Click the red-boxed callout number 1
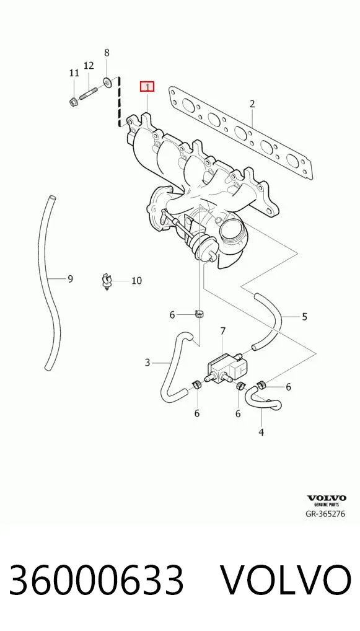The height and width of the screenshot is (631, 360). [147, 87]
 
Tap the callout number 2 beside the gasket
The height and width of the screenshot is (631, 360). [252, 104]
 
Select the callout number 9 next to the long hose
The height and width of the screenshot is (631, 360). [71, 278]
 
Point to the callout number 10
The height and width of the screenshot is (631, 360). [137, 281]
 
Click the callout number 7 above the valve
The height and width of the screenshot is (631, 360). [223, 331]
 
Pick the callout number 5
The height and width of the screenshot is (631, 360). [304, 317]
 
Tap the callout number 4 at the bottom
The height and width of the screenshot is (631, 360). [261, 432]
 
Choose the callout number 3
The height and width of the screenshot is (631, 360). [147, 363]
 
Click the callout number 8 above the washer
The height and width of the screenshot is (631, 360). [107, 52]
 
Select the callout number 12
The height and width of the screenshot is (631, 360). [89, 65]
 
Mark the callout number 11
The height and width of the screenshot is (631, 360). [74, 73]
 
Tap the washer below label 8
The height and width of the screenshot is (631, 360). [108, 82]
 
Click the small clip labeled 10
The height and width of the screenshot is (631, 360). [106, 281]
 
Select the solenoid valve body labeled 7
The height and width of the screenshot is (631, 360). [227, 366]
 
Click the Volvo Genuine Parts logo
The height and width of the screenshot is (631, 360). [327, 501]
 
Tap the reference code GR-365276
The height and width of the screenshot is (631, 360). [326, 513]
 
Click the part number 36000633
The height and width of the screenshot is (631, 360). [97, 580]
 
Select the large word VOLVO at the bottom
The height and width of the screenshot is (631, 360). [286, 580]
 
